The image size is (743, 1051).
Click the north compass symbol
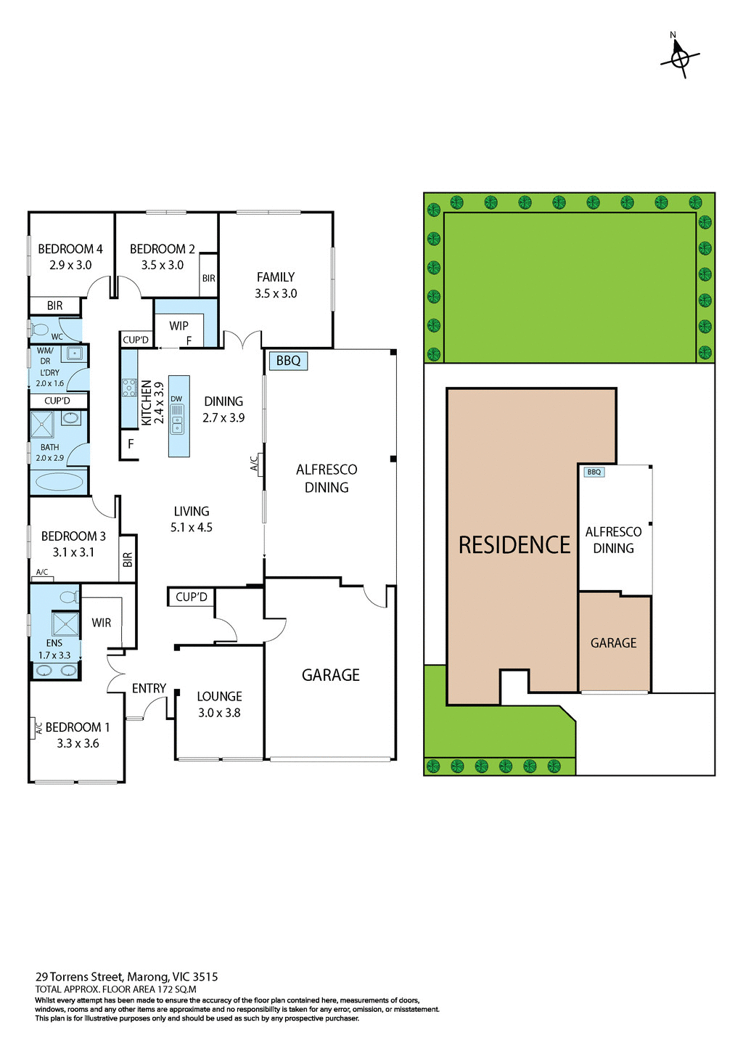click(x=679, y=57)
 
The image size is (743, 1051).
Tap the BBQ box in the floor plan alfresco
click(x=288, y=361)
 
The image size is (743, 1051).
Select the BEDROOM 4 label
click(x=70, y=249)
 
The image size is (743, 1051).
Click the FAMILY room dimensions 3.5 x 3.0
click(x=276, y=294)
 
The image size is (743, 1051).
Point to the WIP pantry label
click(x=178, y=326)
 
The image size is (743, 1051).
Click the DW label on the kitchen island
click(x=176, y=399)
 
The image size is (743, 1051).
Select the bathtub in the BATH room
click(x=58, y=480)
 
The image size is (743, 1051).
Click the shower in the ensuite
click(x=65, y=624)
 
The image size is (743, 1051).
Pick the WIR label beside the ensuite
click(x=102, y=623)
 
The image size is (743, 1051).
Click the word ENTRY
click(x=149, y=688)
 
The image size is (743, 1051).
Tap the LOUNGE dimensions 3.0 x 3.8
click(x=219, y=713)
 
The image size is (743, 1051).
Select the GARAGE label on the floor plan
click(x=331, y=675)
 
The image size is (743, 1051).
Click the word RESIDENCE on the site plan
click(x=514, y=545)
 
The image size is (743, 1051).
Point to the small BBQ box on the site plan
click(x=594, y=472)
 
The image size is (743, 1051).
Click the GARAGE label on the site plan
click(x=613, y=643)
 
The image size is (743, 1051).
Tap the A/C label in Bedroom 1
click(x=38, y=728)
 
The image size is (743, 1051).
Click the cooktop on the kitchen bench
click(x=129, y=387)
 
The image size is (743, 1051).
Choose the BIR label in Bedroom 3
click(x=128, y=560)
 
